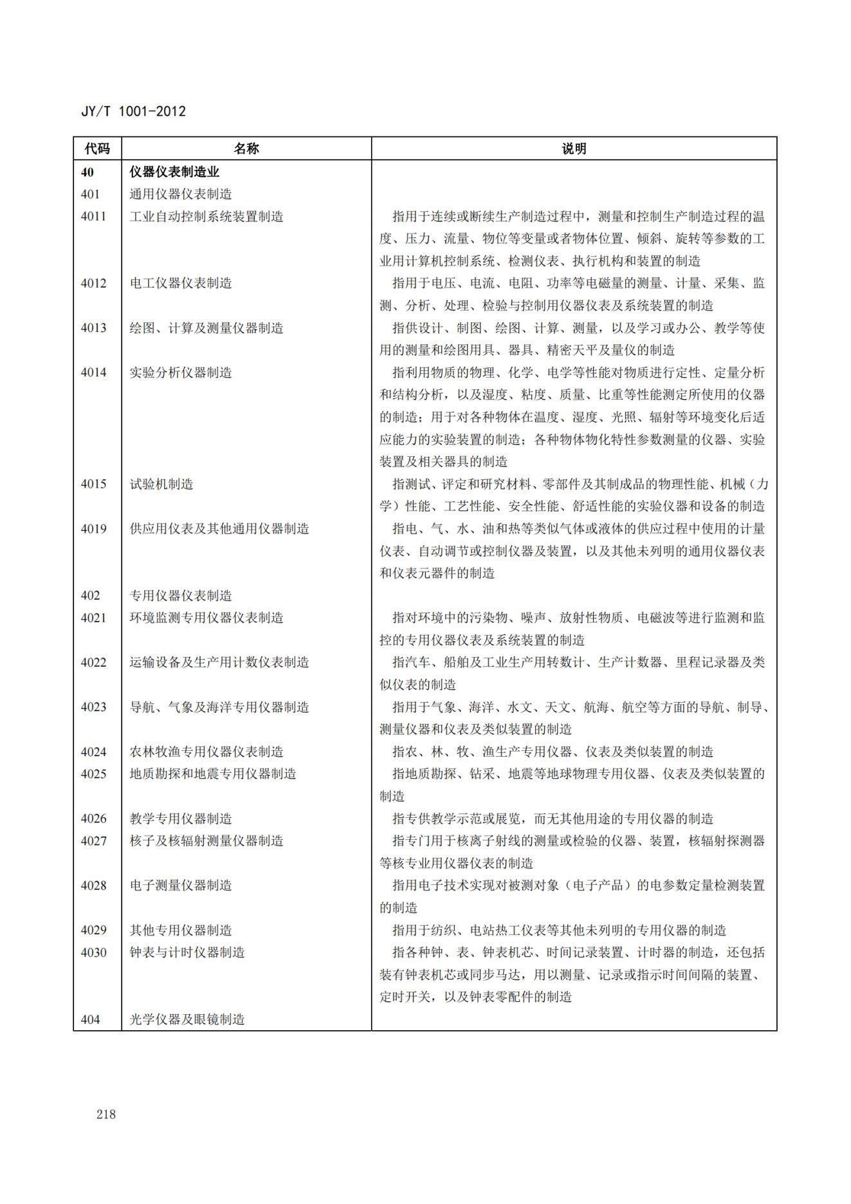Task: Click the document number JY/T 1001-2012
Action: (x=133, y=111)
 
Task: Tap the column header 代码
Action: (x=97, y=149)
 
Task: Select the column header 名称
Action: (x=246, y=149)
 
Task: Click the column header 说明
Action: (x=574, y=149)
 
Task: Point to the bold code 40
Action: (x=87, y=172)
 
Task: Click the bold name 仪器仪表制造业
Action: (x=174, y=172)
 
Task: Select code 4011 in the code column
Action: (x=93, y=217)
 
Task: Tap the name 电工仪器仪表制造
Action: (x=181, y=283)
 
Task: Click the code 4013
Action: (x=93, y=328)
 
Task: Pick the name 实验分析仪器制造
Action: (x=181, y=373)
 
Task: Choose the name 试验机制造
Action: (x=161, y=484)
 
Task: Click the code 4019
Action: (x=93, y=529)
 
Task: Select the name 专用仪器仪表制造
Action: (x=181, y=596)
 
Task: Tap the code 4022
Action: (x=93, y=662)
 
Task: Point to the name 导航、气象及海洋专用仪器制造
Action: (x=219, y=707)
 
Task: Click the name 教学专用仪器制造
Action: (x=181, y=819)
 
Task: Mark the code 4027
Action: (x=93, y=841)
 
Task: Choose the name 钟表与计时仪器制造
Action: (x=187, y=952)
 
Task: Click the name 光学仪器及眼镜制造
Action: (x=187, y=1019)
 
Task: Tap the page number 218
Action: (x=106, y=1115)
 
